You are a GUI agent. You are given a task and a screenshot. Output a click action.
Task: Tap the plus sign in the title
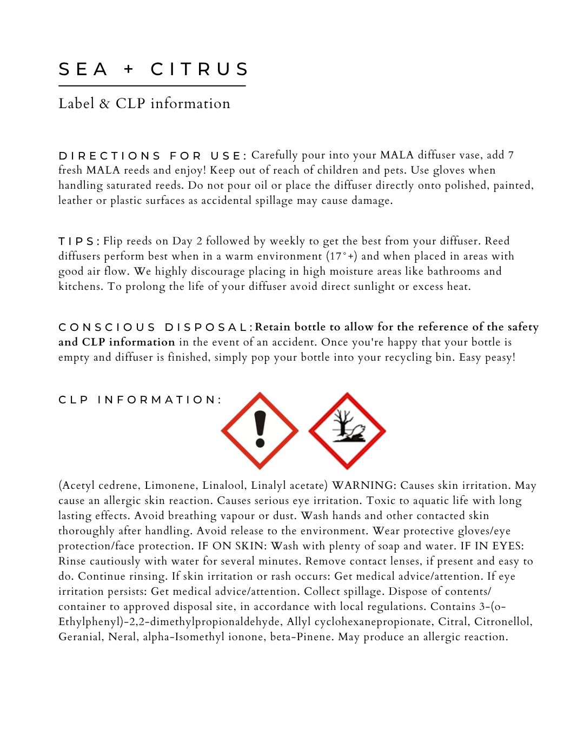pos(129,69)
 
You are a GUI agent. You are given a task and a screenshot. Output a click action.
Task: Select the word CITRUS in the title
pos(199,69)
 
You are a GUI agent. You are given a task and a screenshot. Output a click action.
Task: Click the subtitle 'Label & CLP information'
pos(144,103)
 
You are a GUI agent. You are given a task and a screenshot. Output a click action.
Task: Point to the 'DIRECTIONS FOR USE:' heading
pos(152,156)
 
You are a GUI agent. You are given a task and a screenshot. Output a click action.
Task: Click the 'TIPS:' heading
pos(78,241)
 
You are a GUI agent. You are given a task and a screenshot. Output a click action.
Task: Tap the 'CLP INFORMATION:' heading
pos(140,400)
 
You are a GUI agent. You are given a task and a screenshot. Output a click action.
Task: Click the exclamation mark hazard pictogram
pos(260,430)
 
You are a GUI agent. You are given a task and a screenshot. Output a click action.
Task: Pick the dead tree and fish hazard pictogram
pos(347,430)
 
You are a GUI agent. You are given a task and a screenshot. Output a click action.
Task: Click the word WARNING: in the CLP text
pos(364,486)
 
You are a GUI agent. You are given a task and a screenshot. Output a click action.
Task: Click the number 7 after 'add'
pos(510,155)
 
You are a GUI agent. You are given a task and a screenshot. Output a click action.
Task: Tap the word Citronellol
pos(503,622)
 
